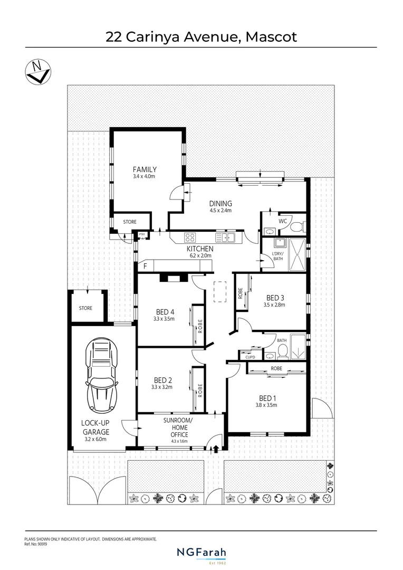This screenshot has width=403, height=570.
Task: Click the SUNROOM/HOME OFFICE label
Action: pos(179,427)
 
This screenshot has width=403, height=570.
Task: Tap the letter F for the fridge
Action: pos(145,266)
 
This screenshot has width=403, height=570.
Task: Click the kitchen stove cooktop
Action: pos(190,237)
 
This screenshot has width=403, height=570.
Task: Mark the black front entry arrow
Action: pos(215,449)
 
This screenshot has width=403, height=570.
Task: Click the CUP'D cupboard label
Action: pos(250,357)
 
